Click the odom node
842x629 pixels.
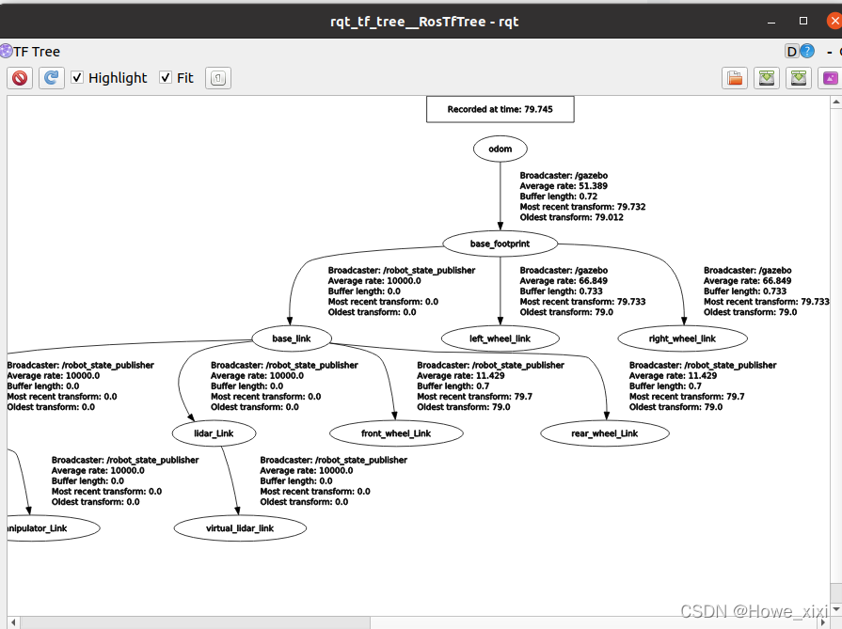[x=500, y=149]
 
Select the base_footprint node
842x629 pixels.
[x=500, y=244]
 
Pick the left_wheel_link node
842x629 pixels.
[x=500, y=338]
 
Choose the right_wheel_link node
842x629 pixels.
[x=682, y=338]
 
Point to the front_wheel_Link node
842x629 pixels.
[x=396, y=433]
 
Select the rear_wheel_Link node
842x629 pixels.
[x=605, y=433]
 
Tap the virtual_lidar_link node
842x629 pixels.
[x=240, y=528]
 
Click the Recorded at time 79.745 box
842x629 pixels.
[x=500, y=109]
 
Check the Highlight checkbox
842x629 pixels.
[x=77, y=78]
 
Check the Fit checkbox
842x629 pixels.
[x=166, y=78]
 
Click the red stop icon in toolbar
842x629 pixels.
[x=20, y=78]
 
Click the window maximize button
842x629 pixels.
[x=803, y=21]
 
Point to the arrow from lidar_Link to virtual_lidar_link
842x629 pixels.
[x=230, y=480]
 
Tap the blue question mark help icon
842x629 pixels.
[x=807, y=51]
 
